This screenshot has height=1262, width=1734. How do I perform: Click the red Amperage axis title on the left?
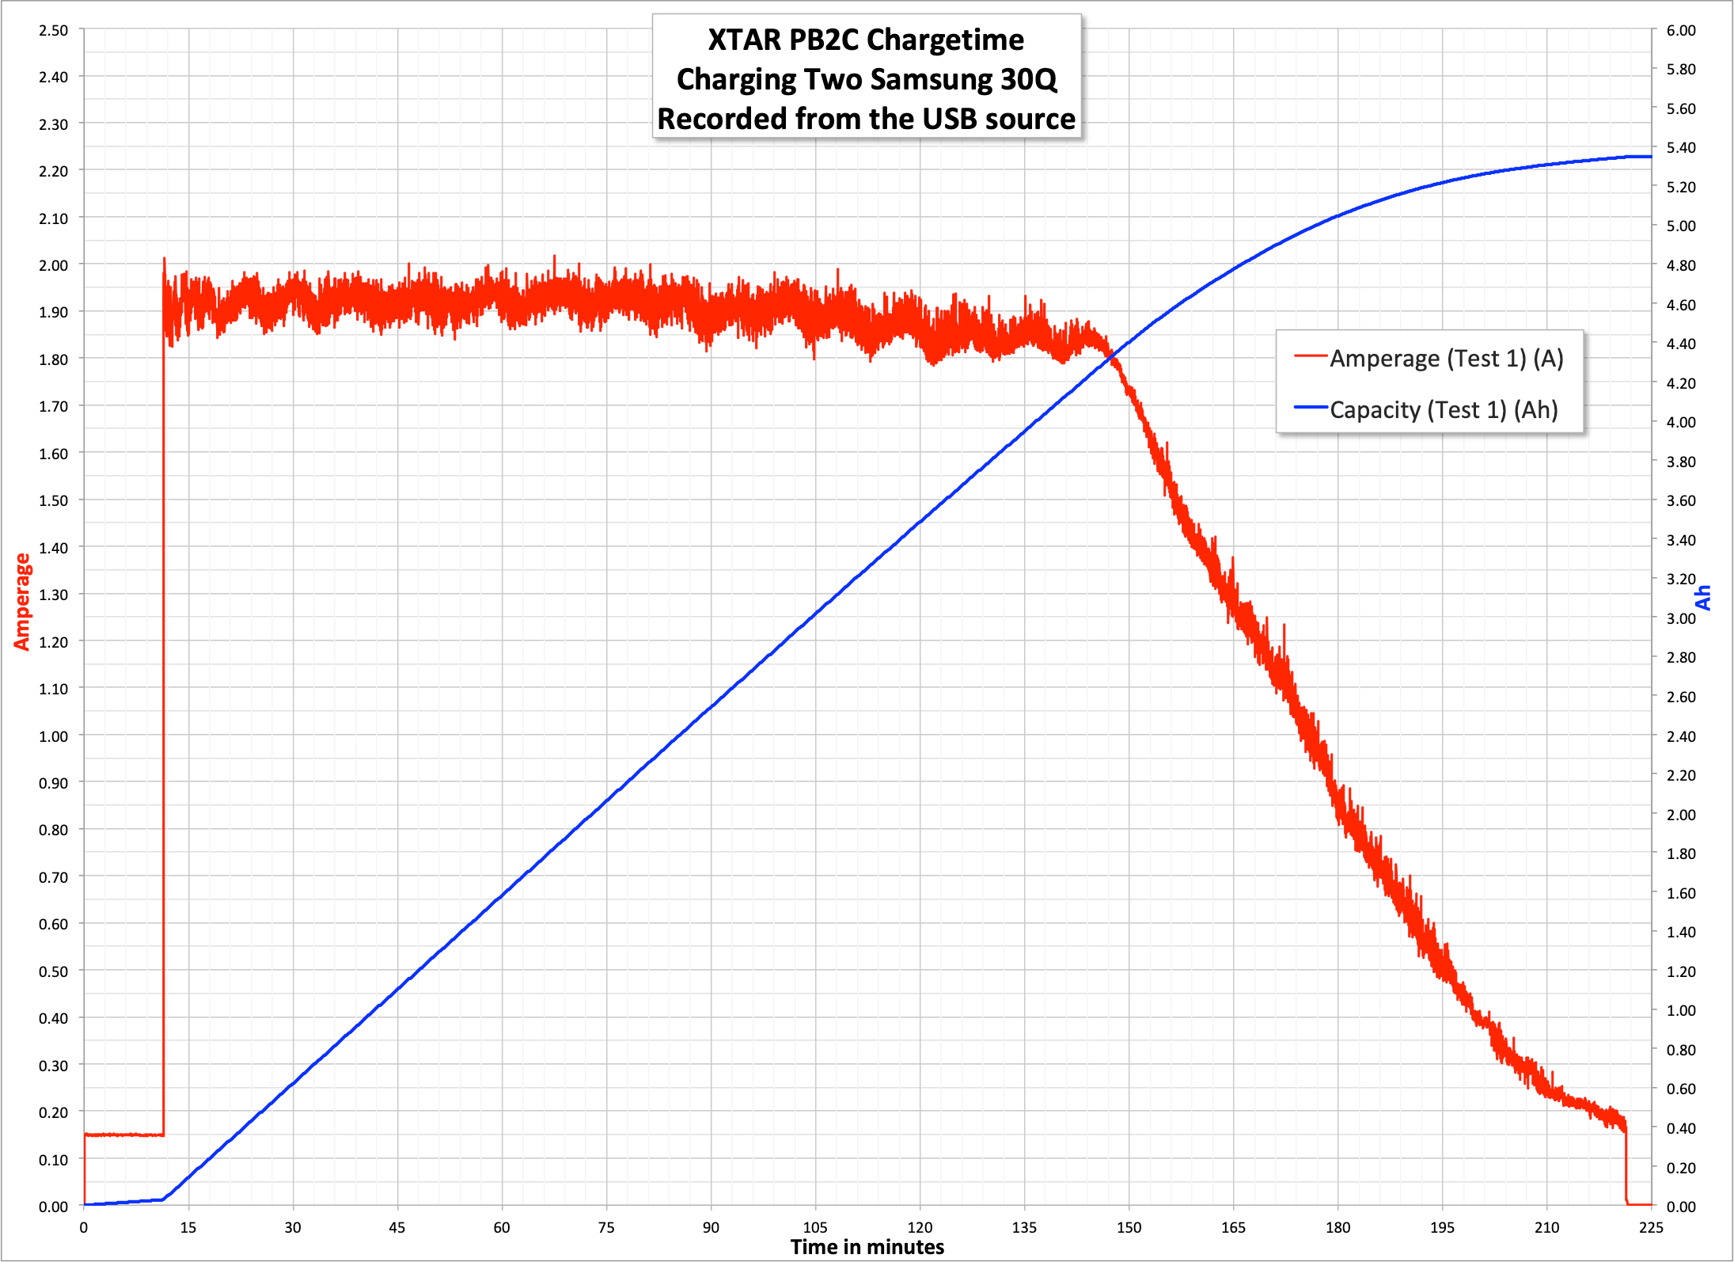22,602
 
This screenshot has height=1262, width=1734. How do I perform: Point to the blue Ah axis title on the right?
1702,598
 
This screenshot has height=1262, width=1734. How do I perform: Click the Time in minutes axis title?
867,1247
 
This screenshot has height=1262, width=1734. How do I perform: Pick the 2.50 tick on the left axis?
54,31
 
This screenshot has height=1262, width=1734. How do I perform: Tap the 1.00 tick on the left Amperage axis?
54,736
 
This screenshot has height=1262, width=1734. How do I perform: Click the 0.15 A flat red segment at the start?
123,1135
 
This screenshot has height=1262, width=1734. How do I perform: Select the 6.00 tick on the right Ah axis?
1680,31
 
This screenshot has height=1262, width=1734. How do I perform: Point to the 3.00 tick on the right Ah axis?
1680,618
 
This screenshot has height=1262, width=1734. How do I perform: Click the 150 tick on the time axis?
1129,1227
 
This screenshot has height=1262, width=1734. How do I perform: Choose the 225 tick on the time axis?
1651,1227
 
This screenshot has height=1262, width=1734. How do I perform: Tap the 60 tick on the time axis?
502,1227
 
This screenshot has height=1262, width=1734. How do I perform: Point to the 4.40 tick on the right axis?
1680,344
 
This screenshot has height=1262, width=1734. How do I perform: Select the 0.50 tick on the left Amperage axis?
54,971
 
